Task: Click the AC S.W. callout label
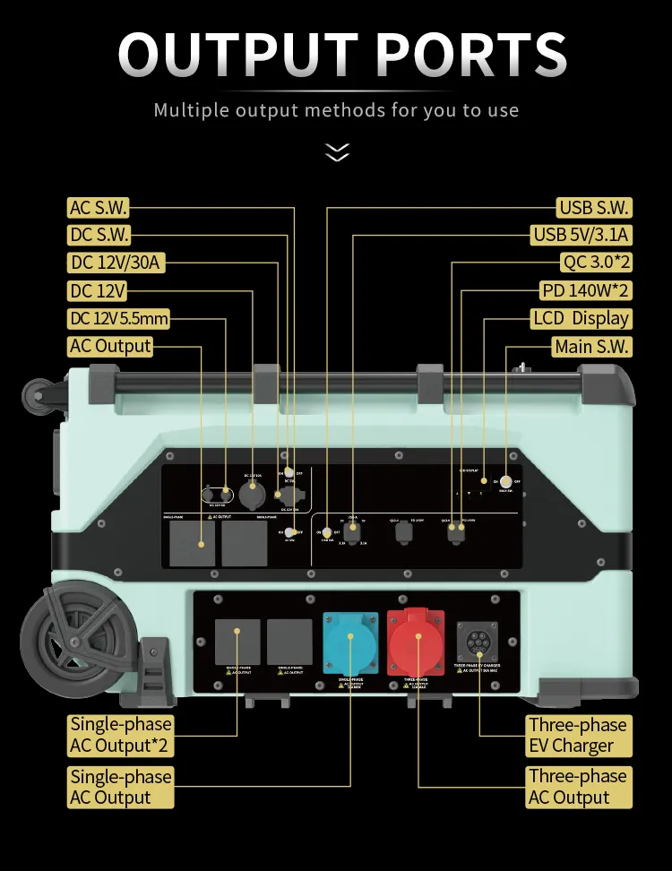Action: click(99, 208)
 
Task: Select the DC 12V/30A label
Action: click(116, 263)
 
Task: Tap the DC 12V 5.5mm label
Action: click(118, 319)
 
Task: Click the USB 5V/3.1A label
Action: click(582, 236)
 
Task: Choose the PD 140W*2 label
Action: click(585, 291)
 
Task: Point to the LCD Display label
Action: click(581, 319)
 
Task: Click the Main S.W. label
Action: click(591, 347)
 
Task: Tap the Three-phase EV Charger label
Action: click(577, 735)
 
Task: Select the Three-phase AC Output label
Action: click(577, 787)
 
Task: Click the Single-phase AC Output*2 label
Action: click(121, 735)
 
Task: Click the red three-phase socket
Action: click(415, 642)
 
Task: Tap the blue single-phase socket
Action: click(350, 643)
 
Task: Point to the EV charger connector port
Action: click(478, 642)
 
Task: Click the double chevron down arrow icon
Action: click(337, 152)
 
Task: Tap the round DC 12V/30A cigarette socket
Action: click(253, 494)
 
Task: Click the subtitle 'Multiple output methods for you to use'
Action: click(336, 110)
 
